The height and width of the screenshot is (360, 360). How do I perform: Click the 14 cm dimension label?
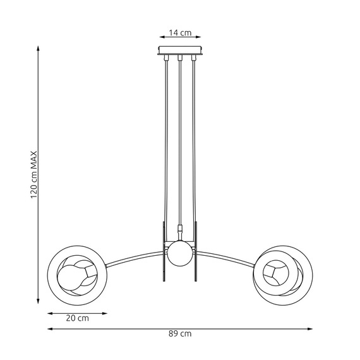[180, 33]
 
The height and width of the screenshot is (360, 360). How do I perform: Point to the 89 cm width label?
[181, 333]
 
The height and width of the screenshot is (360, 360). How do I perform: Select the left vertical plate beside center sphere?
[164, 253]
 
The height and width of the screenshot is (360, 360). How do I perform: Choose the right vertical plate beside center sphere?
[196, 253]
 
